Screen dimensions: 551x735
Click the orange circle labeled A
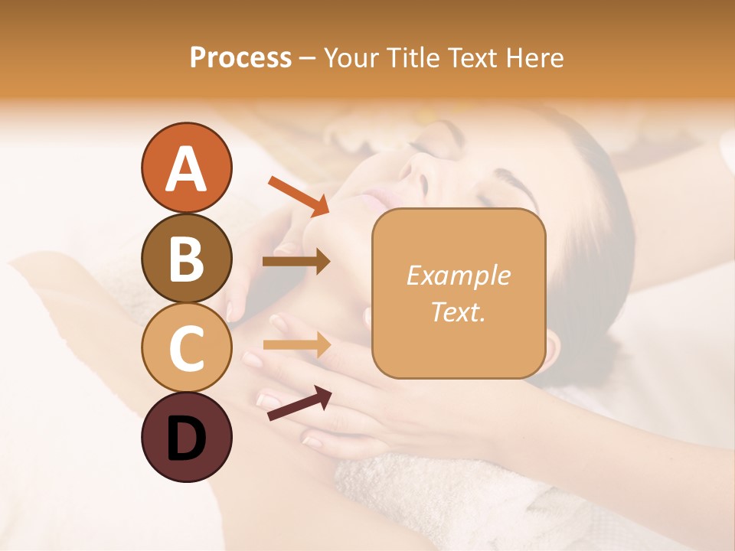pos(186,168)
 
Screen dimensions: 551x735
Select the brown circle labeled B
pos(186,259)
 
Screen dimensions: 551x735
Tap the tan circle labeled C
pos(186,348)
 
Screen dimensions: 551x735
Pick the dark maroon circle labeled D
pos(186,438)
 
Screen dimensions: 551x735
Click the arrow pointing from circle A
pos(299,196)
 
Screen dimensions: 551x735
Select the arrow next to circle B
pos(296,262)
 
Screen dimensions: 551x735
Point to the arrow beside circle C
pos(296,344)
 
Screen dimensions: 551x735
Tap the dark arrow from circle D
pos(299,403)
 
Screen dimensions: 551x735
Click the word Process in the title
pos(240,57)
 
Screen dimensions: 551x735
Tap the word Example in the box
pos(458,275)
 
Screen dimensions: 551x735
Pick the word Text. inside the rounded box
pos(458,312)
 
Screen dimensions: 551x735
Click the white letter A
pos(186,168)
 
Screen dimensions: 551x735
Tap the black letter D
pos(186,439)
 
